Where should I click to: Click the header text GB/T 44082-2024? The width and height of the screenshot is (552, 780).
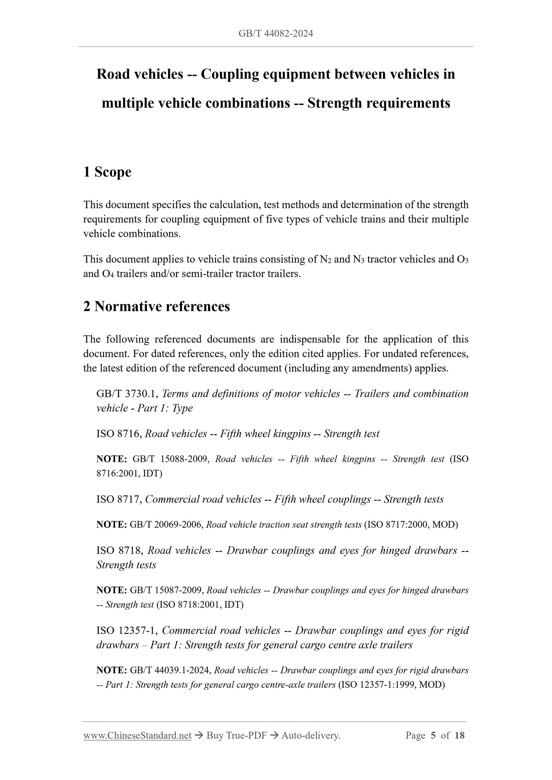pyautogui.click(x=276, y=34)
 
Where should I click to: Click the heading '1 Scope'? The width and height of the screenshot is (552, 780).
pyautogui.click(x=107, y=172)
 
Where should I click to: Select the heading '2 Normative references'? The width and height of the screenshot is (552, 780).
pyautogui.click(x=157, y=306)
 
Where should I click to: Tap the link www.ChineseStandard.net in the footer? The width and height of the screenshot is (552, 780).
pyautogui.click(x=137, y=735)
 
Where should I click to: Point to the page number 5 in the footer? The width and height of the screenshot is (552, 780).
pyautogui.click(x=433, y=735)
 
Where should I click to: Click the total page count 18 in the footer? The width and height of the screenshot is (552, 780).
pyautogui.click(x=460, y=735)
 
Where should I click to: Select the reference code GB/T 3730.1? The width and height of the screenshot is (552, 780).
pyautogui.click(x=127, y=393)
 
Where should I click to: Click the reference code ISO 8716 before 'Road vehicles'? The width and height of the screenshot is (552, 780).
pyautogui.click(x=119, y=434)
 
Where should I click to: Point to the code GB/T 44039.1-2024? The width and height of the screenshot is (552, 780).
pyautogui.click(x=171, y=670)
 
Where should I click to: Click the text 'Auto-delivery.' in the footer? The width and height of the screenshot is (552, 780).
pyautogui.click(x=311, y=735)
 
